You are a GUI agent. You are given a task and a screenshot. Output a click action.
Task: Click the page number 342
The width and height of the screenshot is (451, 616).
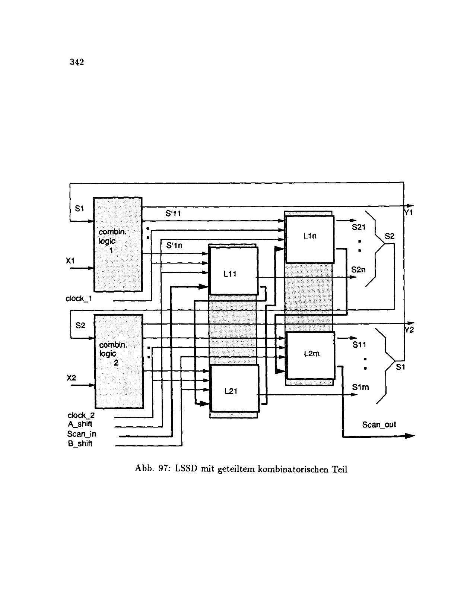point(77,62)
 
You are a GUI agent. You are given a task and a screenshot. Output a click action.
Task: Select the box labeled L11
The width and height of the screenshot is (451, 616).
point(234,271)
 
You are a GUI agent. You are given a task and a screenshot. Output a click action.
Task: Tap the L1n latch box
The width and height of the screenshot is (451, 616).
point(309,238)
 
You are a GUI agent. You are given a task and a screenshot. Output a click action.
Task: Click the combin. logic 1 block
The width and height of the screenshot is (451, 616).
point(118,244)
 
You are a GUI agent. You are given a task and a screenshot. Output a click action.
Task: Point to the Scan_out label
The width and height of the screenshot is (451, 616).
point(379,424)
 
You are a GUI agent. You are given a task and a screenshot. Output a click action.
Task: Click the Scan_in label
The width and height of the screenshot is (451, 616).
point(82,434)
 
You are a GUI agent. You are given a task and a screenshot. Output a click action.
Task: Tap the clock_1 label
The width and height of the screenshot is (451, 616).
point(79,299)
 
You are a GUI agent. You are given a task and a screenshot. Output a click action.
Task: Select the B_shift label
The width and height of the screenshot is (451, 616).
point(80,444)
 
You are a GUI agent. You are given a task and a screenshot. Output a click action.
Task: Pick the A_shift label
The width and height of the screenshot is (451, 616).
point(80,424)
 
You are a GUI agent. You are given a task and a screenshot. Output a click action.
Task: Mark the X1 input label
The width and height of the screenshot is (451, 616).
point(70,261)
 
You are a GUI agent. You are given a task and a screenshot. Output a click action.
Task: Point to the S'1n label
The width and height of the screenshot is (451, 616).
point(174,246)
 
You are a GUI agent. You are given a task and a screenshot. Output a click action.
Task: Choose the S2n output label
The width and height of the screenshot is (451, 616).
point(358,270)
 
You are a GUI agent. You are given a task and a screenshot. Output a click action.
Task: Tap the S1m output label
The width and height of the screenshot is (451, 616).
point(360,388)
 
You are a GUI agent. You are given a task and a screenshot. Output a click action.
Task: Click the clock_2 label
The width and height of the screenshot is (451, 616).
point(81,415)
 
